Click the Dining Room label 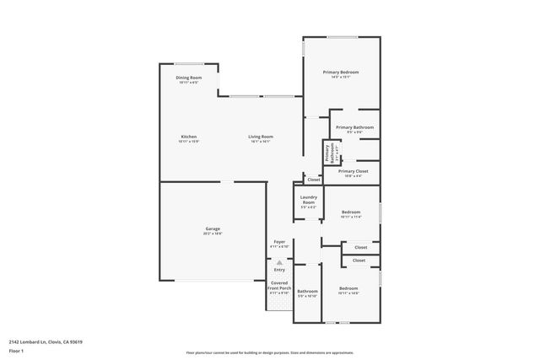(188, 78)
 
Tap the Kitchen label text (188, 137)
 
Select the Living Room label (260, 137)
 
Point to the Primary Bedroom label (341, 73)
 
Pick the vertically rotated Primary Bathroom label (328, 152)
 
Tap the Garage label (213, 228)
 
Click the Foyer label (279, 241)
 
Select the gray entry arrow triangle (279, 263)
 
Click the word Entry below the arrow (279, 270)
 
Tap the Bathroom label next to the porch (307, 291)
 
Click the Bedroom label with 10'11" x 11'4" (350, 212)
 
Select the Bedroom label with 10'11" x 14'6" (348, 288)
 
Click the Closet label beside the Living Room (313, 180)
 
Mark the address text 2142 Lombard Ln (46, 341)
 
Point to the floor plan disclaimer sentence (269, 352)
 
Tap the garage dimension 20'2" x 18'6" (213, 234)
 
